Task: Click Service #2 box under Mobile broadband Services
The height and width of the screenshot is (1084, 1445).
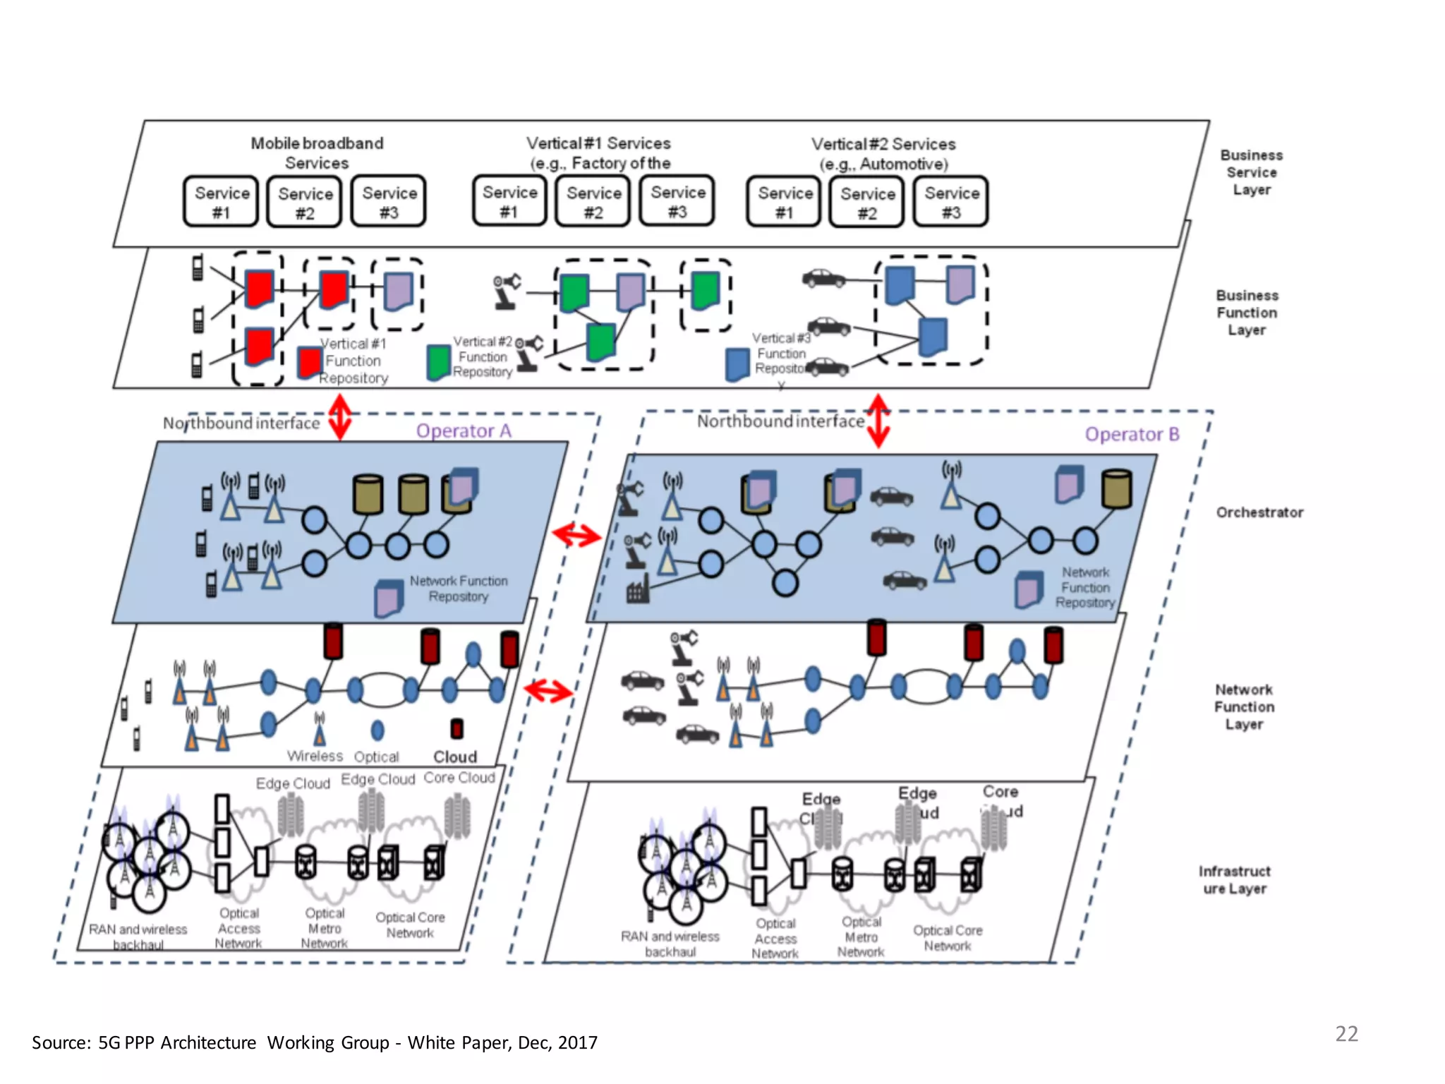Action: pos(305,203)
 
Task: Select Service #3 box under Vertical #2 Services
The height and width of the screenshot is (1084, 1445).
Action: pos(951,203)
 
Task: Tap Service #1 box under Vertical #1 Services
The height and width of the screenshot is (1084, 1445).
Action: pos(509,202)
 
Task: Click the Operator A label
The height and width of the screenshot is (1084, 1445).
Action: pos(464,430)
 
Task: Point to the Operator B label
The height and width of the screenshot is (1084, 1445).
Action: pos(1132,434)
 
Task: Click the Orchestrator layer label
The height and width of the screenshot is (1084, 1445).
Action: pos(1259,512)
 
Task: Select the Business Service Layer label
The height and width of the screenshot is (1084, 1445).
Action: pos(1252,172)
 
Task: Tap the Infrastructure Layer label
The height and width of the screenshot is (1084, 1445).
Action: pos(1235,880)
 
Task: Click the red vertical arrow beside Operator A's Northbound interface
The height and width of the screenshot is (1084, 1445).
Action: pos(341,416)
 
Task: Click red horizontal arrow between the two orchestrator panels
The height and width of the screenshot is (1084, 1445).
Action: pos(576,535)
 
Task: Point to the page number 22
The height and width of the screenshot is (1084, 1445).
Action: pos(1346,1034)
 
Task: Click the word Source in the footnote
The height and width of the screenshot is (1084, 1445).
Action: pos(61,1042)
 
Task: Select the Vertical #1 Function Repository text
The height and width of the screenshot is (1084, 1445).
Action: pos(353,361)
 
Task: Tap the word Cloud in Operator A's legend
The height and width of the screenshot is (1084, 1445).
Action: pos(455,757)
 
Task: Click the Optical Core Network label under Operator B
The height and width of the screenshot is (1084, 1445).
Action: pos(948,938)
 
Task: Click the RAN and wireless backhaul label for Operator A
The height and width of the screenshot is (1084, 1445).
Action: pos(138,937)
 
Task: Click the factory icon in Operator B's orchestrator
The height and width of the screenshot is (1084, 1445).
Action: pos(637,589)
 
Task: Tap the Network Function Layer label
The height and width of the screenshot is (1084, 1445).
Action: pos(1244,706)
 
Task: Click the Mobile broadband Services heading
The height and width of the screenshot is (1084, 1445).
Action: pos(317,153)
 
